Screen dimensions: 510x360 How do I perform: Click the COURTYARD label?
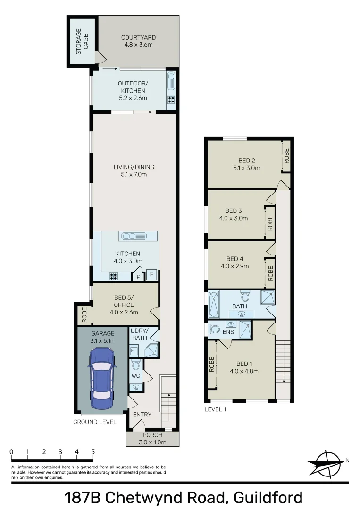[x=138, y=38]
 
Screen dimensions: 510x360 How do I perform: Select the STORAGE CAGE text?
[x=82, y=42]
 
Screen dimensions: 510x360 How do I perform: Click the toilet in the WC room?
[x=136, y=365]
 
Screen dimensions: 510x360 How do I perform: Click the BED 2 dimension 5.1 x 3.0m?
[x=246, y=168]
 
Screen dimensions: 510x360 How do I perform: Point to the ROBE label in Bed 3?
[x=270, y=223]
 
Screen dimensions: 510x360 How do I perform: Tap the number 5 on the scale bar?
[x=93, y=452]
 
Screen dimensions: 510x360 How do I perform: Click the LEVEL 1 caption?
[x=215, y=409]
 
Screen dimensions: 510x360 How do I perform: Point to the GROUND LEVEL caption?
[x=94, y=422]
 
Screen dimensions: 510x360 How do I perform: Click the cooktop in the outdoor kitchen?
[x=171, y=100]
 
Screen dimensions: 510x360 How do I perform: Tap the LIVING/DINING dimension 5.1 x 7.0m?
[x=134, y=174]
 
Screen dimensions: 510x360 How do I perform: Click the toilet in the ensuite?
[x=214, y=329]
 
